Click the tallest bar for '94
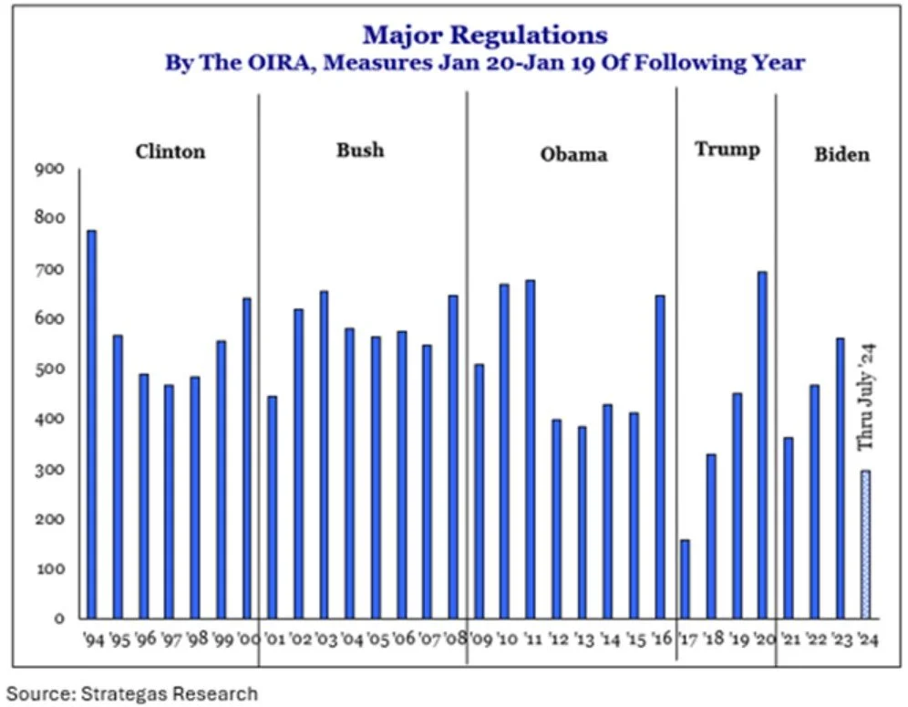click(91, 424)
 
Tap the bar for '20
click(762, 444)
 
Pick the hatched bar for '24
click(865, 544)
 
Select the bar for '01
click(272, 507)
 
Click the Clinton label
click(170, 151)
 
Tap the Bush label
click(360, 150)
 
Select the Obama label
click(573, 153)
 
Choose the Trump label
click(727, 149)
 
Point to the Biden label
click(841, 153)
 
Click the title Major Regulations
click(484, 36)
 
